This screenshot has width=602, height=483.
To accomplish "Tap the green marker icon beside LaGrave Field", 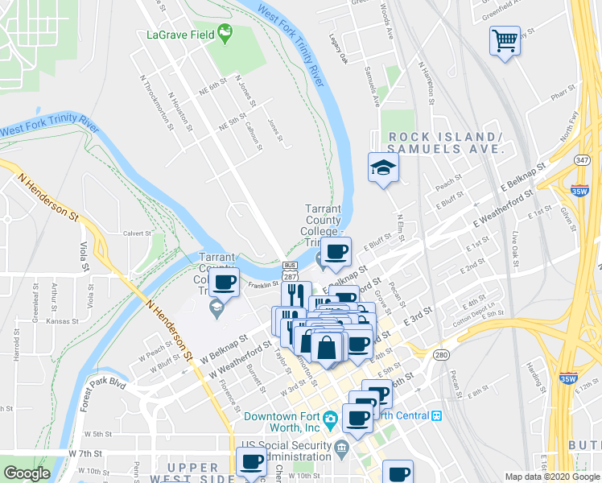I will pos(225,34).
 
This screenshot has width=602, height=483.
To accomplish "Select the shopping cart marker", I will pos(505,39).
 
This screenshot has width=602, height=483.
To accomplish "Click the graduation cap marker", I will pos(383,167).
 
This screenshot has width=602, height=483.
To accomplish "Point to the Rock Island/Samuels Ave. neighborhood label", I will pos(445,142).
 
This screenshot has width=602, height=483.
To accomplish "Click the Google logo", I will pos(27,473).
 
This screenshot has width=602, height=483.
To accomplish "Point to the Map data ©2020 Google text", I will pos(551,477).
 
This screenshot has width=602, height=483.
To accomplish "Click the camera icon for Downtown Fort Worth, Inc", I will pos(330,419).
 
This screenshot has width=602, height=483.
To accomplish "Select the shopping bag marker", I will pos(328,347).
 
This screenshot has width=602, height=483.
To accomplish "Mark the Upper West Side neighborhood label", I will pos(192,472).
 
